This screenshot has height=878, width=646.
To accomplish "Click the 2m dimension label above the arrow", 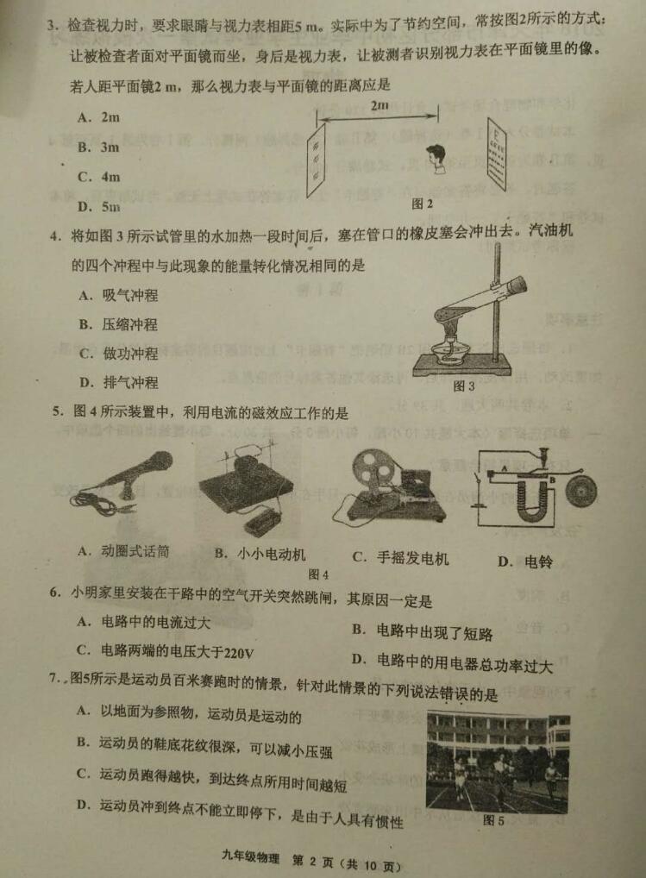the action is point(379,105).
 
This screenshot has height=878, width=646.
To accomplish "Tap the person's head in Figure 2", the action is point(435,155).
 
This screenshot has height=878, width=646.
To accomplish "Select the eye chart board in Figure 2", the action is point(497,153).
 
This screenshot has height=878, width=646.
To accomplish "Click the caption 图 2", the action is point(422,204).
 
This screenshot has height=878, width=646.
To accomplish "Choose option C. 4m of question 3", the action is point(99,177).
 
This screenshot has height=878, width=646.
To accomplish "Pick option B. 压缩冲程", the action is point(118,324).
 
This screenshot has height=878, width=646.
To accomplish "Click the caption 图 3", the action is point(463,386).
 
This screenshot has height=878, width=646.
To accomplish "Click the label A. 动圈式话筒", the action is point(123,551).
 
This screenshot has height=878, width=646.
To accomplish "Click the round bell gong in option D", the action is point(581,491).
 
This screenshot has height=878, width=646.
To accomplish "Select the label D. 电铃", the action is point(525,561).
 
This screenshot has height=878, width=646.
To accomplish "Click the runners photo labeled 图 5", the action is point(497,761).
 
